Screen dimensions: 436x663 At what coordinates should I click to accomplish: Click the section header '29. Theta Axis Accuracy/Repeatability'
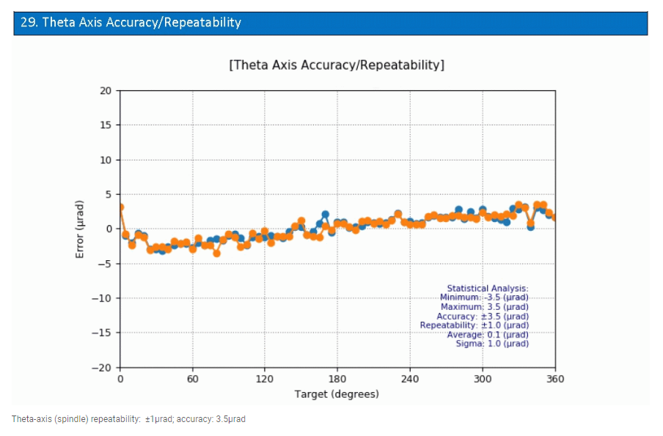[x=131, y=23]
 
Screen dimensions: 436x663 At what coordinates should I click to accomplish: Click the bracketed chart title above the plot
[x=337, y=65]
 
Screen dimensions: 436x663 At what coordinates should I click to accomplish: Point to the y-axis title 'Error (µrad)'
[x=80, y=229]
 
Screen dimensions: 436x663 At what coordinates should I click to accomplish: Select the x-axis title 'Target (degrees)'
[x=337, y=394]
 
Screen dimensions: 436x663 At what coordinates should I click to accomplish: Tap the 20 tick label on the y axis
[x=106, y=91]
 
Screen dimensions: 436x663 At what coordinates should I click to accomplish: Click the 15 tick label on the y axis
[x=106, y=125]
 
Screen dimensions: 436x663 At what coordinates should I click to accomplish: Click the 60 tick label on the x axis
[x=192, y=379]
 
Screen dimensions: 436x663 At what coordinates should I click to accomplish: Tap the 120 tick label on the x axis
[x=265, y=379]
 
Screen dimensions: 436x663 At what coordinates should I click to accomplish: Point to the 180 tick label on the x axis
[x=337, y=379]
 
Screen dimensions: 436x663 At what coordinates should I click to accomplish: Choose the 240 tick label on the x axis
[x=410, y=379]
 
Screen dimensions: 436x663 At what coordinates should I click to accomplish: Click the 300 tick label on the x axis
[x=482, y=379]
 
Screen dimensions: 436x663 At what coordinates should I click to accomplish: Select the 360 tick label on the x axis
[x=554, y=379]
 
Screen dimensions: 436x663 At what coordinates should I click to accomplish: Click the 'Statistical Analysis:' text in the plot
[x=487, y=289]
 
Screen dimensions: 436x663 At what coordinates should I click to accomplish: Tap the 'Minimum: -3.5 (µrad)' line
[x=484, y=298]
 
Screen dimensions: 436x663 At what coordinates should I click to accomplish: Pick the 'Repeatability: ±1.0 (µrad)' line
[x=474, y=325]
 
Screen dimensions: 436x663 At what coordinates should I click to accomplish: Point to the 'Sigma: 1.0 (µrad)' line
[x=492, y=344]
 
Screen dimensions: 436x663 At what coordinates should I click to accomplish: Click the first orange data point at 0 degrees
[x=120, y=207]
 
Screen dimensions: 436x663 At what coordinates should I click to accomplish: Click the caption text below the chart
[x=129, y=419]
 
